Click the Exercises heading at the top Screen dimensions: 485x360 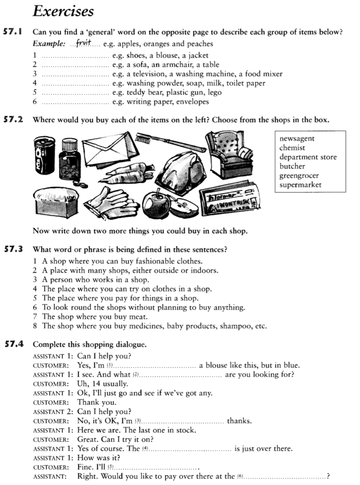coord(63,11)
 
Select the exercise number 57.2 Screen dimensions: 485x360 coord(13,120)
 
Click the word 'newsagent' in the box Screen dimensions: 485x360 coord(297,139)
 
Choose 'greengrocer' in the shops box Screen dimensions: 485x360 coord(299,176)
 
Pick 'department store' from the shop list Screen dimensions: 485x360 coord(308,157)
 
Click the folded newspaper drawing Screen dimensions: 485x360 coord(229,199)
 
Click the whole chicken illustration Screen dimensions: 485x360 coord(184,168)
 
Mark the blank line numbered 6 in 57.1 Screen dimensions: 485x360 coord(75,102)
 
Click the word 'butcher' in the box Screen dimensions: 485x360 coord(292,166)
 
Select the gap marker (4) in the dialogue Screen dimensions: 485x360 coord(145,449)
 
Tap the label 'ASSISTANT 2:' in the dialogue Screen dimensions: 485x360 coord(53,412)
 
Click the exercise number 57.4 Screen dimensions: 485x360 coord(13,344)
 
